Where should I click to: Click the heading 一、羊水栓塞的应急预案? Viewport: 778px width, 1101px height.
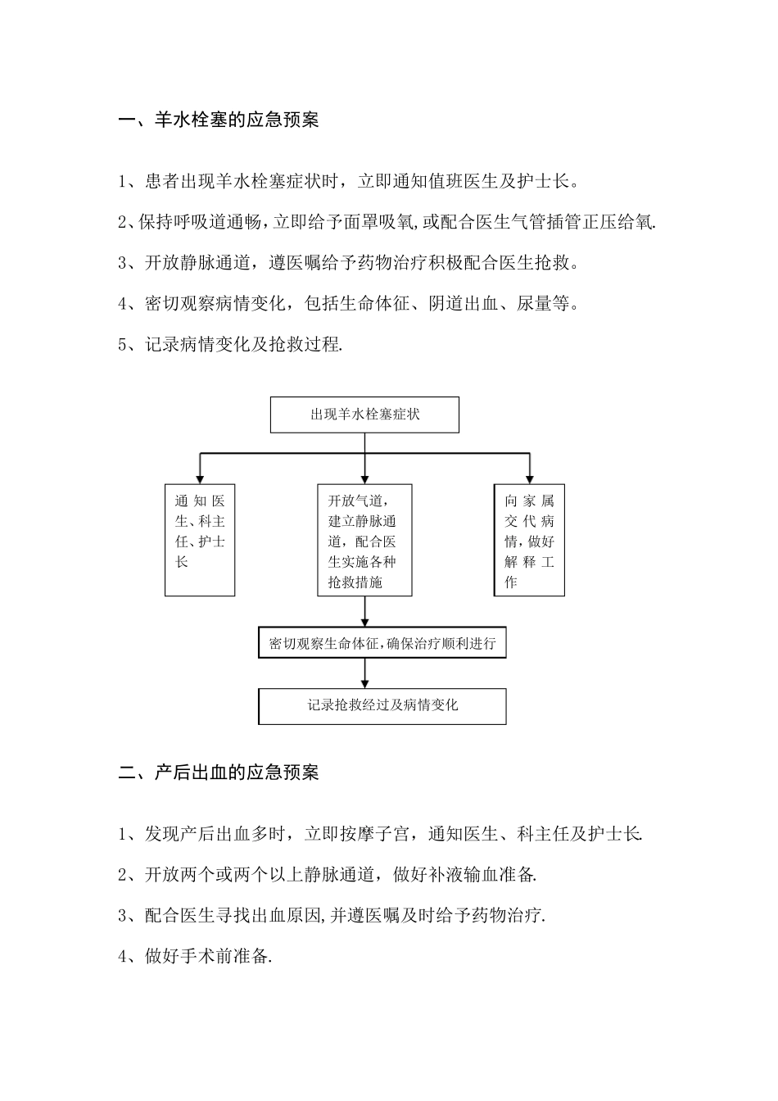point(219,120)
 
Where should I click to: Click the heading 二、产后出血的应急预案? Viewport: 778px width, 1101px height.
point(219,772)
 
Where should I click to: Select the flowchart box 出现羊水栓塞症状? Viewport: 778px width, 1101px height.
point(364,415)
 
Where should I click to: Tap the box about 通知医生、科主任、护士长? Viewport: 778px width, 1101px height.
point(200,540)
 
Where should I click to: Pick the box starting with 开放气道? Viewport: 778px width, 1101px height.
point(364,540)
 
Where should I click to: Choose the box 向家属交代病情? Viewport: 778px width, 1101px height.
point(529,540)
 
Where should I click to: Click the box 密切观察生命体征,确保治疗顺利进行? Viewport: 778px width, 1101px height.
point(382,643)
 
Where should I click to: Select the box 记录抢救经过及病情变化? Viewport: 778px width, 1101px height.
point(382,705)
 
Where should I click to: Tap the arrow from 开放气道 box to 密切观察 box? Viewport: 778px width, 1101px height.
point(364,612)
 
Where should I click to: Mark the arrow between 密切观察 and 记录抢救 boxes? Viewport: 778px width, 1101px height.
point(364,673)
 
